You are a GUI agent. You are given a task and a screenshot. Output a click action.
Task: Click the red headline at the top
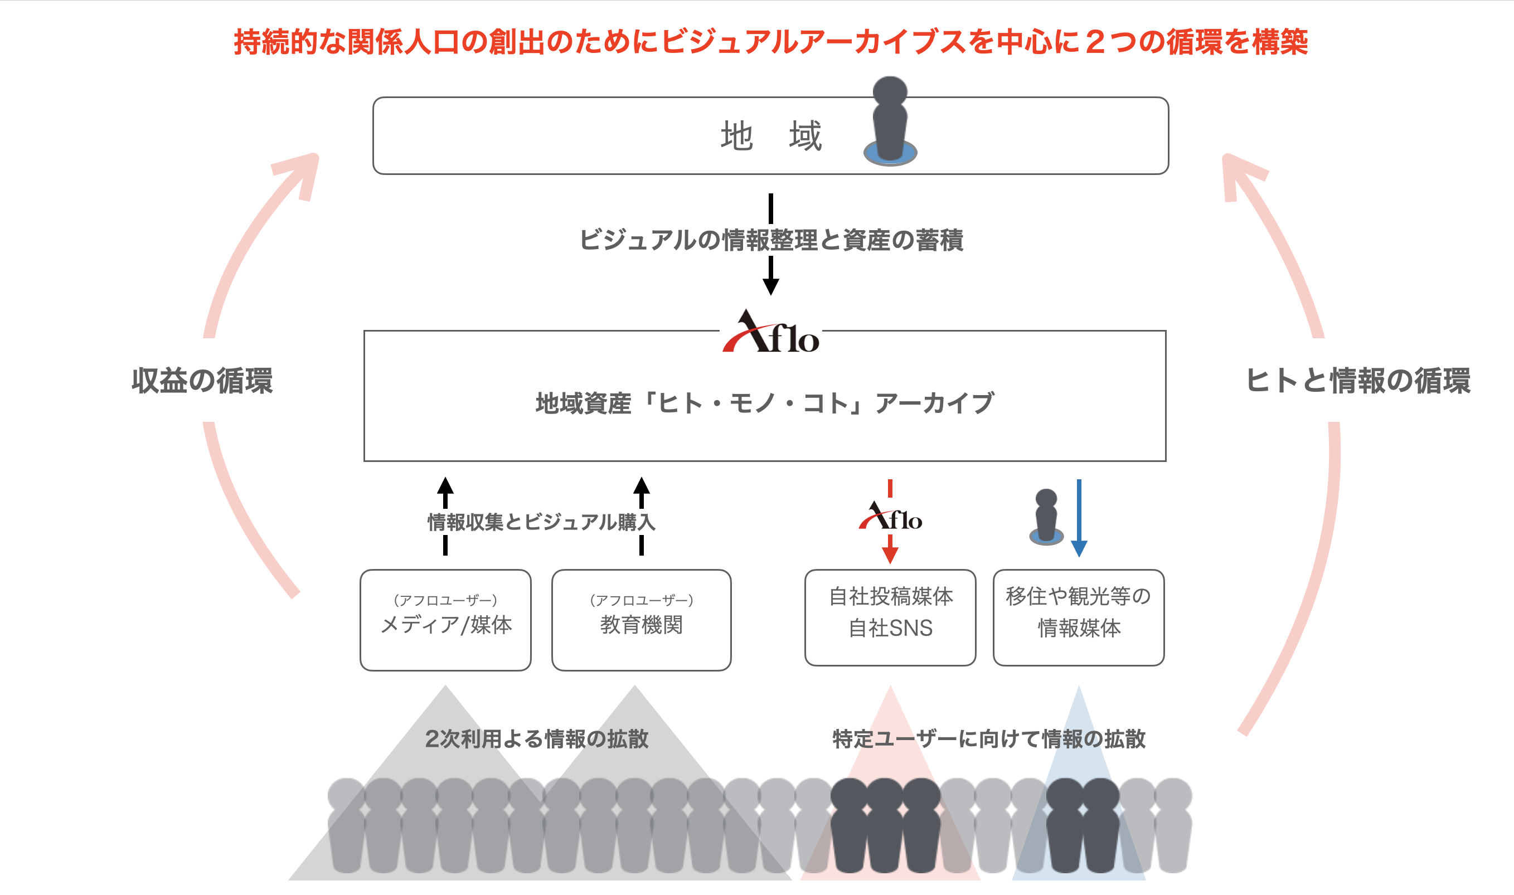coord(770,42)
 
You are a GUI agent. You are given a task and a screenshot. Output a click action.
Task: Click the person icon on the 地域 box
coord(890,120)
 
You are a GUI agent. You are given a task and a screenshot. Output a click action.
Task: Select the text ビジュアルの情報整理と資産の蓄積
coord(770,240)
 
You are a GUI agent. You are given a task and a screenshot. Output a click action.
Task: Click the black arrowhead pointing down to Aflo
coord(770,286)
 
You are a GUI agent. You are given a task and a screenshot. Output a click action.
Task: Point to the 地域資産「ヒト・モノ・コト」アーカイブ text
coord(764,403)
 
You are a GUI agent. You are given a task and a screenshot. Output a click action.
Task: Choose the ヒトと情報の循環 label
coord(1358,381)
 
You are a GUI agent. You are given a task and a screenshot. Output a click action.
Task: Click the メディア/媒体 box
coord(446,620)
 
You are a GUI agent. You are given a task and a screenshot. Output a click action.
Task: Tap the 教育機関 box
coord(641,620)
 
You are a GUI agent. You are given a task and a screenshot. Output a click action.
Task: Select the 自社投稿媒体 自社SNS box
coord(890,617)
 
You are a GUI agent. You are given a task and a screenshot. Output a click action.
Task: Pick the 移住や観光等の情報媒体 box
coord(1079,617)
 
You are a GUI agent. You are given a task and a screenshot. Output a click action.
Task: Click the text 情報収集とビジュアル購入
coord(541,522)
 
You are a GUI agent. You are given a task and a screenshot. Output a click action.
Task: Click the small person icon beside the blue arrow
coord(1046,518)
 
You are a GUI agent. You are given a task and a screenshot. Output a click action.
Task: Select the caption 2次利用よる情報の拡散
coord(536,739)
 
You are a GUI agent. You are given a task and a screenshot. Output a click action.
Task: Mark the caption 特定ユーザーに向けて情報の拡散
coord(989,739)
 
